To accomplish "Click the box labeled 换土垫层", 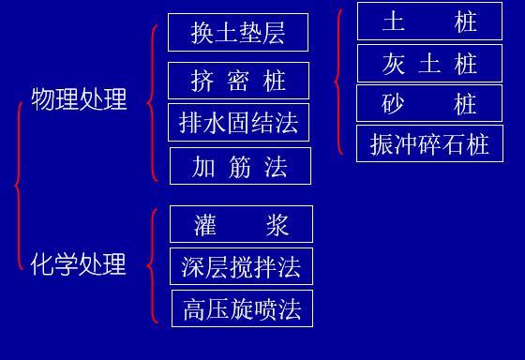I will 238,33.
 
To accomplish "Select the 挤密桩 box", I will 238,81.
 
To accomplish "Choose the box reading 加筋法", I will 239,166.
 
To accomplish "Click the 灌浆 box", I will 241,224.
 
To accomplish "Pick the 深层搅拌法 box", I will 241,266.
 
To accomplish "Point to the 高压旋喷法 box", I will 242,308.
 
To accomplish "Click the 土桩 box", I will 429,22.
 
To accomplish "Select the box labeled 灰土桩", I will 429,63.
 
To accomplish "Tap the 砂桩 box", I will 429,103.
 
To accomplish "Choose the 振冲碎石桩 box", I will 429,143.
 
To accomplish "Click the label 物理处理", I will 79,99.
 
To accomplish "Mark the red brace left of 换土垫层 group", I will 152,102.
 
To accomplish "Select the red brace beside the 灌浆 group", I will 152,265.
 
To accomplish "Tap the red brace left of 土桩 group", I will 338,82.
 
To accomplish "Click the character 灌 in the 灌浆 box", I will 206,224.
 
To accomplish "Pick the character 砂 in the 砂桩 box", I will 393,103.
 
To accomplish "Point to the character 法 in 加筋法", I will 276,166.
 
